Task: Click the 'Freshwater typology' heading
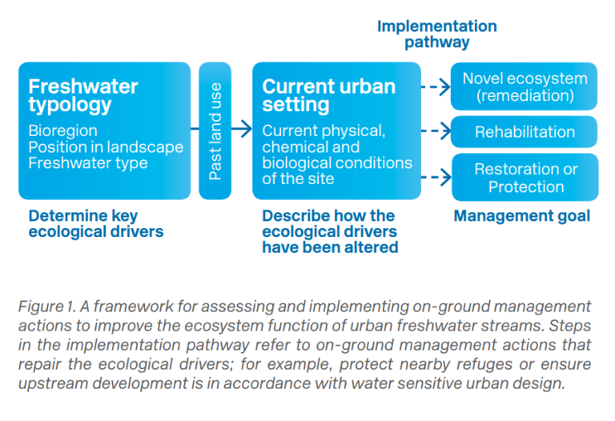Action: point(83,95)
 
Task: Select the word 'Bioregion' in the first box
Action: point(62,130)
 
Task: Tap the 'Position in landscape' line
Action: point(106,146)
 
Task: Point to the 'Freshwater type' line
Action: point(88,163)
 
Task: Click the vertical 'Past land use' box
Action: point(215,130)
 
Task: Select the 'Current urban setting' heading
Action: point(328,95)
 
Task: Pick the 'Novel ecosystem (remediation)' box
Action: point(525,87)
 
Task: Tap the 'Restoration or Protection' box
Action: point(525,178)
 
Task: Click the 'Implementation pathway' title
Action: point(436,34)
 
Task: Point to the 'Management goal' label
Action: point(521,215)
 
